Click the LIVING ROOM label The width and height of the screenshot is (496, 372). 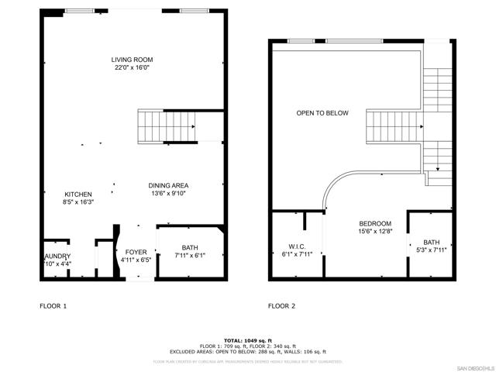tap(131, 59)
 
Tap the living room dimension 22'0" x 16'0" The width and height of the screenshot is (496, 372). tap(131, 67)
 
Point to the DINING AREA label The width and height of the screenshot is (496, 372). tap(168, 185)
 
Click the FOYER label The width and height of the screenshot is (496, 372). tap(136, 253)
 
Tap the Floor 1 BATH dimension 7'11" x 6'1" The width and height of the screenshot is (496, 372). tap(190, 256)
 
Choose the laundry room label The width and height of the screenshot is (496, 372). tap(57, 256)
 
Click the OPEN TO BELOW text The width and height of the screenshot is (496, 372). tap(322, 113)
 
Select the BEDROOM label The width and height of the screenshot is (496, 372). tap(375, 222)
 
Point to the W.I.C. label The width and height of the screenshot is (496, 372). tap(298, 247)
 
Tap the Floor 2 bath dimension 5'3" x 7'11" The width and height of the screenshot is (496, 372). tap(432, 250)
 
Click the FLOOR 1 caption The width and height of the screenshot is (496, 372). tap(53, 306)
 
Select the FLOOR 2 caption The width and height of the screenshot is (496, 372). tap(281, 306)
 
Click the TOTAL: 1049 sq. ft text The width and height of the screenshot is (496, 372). tap(248, 340)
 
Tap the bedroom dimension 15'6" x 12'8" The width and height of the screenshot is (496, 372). tap(375, 231)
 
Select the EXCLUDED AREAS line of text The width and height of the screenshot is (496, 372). tap(248, 351)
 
